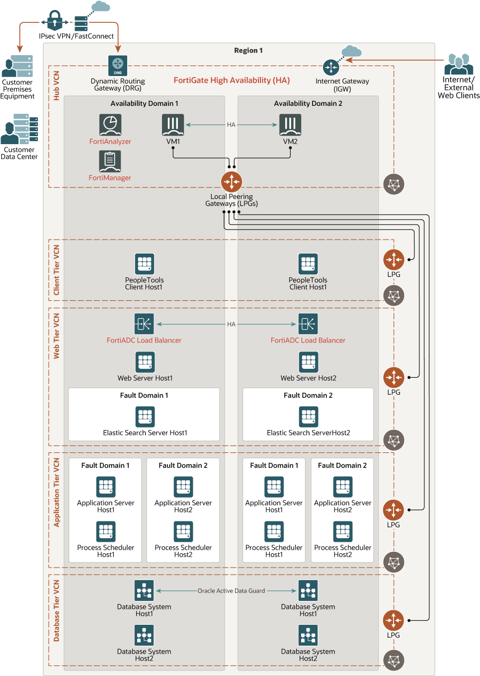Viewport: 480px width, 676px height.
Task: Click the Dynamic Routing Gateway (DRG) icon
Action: click(118, 66)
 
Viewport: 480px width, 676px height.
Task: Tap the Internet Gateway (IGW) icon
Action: click(331, 67)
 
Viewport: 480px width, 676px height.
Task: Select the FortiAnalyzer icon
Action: click(110, 125)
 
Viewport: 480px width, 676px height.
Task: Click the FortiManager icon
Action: click(110, 161)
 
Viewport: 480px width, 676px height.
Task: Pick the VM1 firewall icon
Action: click(173, 125)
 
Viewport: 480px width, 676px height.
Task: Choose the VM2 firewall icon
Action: click(290, 125)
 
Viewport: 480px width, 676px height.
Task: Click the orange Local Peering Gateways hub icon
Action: click(232, 182)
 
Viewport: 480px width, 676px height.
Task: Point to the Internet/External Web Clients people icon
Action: click(458, 64)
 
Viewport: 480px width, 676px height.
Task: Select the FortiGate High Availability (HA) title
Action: click(232, 81)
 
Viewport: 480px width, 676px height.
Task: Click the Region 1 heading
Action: click(248, 51)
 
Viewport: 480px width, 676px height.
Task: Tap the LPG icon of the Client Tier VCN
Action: click(394, 259)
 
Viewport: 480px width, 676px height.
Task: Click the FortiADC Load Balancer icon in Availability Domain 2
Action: click(308, 324)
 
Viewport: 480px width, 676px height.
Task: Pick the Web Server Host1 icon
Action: click(145, 362)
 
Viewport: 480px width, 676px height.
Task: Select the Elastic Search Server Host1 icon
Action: click(145, 417)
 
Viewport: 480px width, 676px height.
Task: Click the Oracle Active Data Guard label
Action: click(231, 591)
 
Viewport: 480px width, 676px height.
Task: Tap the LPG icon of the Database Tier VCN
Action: click(394, 620)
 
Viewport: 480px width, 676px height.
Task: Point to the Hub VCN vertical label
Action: click(57, 85)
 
